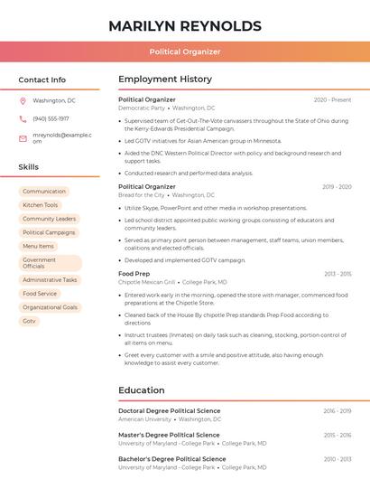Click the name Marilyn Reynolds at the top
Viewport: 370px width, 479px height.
pyautogui.click(x=185, y=26)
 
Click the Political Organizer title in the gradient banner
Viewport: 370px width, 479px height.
pyautogui.click(x=185, y=52)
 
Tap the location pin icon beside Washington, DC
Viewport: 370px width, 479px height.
pyautogui.click(x=23, y=100)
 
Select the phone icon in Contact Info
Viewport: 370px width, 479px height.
pyautogui.click(x=23, y=118)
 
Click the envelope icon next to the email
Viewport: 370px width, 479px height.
pyautogui.click(x=23, y=137)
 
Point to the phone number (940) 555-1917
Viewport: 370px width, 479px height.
pyautogui.click(x=51, y=118)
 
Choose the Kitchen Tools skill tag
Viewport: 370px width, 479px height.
pyautogui.click(x=40, y=205)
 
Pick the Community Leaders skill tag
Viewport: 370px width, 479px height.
pyautogui.click(x=49, y=219)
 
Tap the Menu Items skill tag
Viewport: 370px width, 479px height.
pyautogui.click(x=38, y=246)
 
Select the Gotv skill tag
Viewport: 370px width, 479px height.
pyautogui.click(x=30, y=321)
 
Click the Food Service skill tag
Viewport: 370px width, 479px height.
pyautogui.click(x=40, y=294)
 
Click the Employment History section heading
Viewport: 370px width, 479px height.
pyautogui.click(x=165, y=80)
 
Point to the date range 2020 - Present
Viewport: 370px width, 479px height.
pyautogui.click(x=332, y=99)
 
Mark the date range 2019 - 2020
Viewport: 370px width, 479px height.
pyautogui.click(x=337, y=187)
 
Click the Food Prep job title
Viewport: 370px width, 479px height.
pyautogui.click(x=134, y=274)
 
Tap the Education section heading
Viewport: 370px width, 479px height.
pyautogui.click(x=142, y=390)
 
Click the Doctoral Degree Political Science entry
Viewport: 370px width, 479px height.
pyautogui.click(x=169, y=411)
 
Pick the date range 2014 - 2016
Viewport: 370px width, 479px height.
pyautogui.click(x=338, y=435)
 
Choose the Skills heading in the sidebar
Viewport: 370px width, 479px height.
pyautogui.click(x=29, y=167)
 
